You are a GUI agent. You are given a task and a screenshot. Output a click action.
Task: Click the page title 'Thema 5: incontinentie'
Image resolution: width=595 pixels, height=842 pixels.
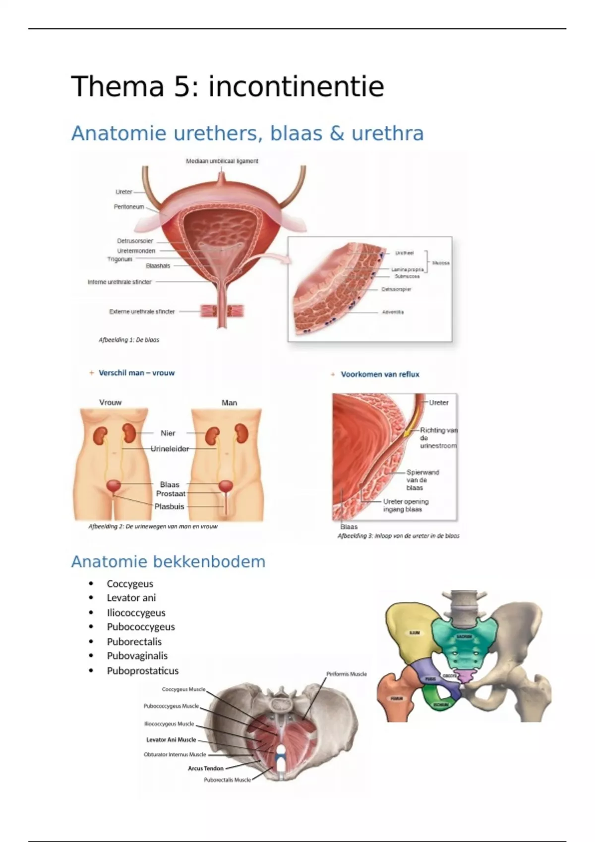coord(228,87)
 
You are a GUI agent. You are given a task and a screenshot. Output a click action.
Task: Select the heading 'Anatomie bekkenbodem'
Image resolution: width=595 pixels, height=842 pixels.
coord(168,562)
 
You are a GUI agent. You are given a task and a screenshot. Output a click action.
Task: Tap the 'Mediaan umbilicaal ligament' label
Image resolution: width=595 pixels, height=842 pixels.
coord(222,161)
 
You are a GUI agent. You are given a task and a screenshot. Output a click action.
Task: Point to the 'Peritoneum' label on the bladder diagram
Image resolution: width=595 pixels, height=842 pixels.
coord(129,207)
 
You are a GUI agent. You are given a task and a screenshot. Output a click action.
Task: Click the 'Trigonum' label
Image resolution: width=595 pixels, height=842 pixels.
coord(120,259)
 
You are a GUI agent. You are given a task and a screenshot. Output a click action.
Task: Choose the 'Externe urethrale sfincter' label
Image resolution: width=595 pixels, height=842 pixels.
coord(142,312)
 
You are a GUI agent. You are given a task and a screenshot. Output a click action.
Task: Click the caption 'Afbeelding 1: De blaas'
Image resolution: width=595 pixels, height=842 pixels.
coord(129,340)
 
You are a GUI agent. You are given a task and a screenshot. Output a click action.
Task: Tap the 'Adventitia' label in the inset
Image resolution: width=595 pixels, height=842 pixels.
coord(393,313)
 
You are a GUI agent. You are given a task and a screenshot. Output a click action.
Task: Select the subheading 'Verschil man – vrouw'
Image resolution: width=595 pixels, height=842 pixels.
coord(136,373)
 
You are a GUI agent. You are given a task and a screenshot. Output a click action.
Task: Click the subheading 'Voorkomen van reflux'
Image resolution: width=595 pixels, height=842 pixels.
coord(380,374)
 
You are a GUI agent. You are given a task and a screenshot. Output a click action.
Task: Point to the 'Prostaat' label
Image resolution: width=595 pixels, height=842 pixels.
coord(171,494)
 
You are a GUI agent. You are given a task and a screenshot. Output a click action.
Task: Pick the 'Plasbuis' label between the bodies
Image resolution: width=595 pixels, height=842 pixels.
coord(169,507)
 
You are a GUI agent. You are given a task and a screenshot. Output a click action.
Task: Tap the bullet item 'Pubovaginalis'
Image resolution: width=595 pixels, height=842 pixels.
coord(137,656)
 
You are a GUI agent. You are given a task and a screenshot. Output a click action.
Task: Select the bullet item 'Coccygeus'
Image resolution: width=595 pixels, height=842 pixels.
coord(130,584)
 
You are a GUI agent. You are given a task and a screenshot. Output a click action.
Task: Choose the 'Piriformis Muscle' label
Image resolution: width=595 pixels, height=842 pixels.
coord(347,674)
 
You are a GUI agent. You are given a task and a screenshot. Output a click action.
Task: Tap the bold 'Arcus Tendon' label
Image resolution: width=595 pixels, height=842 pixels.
coord(205,769)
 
